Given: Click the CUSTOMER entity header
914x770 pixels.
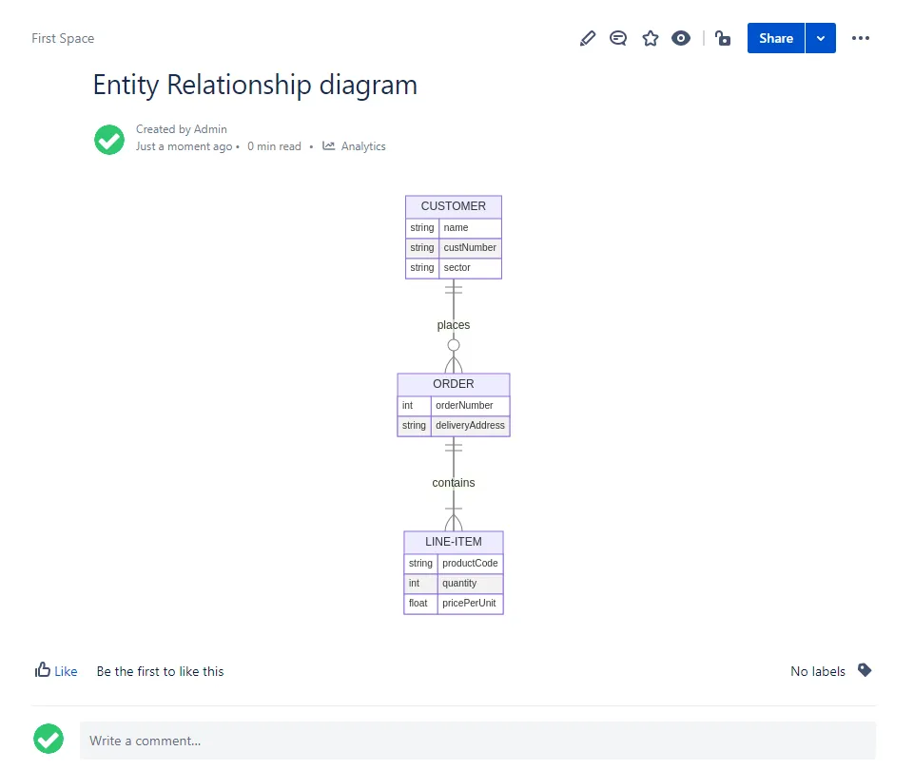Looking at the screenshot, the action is [453, 206].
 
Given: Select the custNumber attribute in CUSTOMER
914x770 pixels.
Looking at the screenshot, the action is [470, 247].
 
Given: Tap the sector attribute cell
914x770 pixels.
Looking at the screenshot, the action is [470, 268].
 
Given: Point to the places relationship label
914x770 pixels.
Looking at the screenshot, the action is [453, 325].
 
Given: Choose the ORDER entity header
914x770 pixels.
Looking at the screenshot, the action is [453, 384].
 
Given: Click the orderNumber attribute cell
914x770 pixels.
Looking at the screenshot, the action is [470, 405].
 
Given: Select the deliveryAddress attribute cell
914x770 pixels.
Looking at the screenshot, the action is [470, 426].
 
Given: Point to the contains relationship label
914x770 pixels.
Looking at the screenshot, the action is [453, 483].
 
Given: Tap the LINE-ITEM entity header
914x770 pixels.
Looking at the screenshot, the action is [453, 542].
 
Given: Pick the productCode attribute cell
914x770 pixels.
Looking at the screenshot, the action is [470, 563].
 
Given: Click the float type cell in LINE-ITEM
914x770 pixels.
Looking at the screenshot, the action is [420, 604].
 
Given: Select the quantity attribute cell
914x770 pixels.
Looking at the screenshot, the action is [470, 583].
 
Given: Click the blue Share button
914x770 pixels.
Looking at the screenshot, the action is [776, 38].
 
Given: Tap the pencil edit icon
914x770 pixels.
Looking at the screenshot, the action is [588, 38].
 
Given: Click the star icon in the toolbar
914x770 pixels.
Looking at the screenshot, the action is [650, 38].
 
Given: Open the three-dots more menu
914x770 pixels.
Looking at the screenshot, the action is [861, 38].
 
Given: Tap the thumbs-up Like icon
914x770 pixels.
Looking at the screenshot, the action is [43, 670].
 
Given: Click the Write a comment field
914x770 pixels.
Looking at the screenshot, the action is [477, 741].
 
